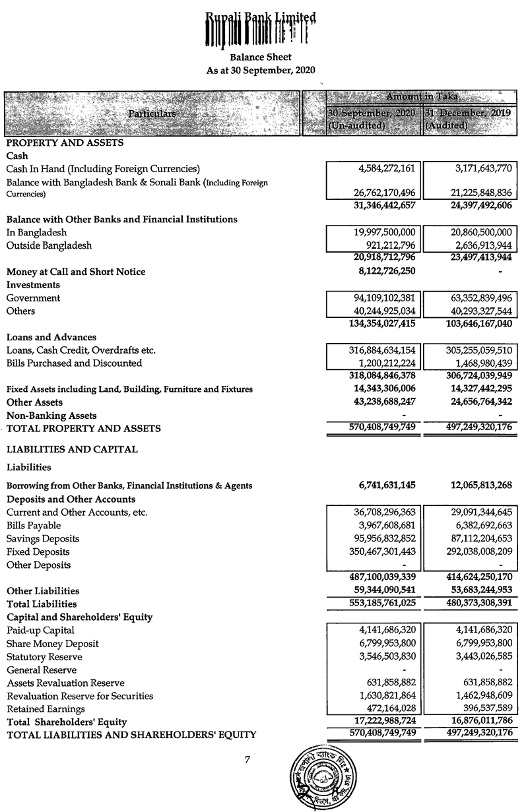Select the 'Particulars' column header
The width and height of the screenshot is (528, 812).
152,113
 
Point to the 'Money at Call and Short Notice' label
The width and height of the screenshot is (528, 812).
76,272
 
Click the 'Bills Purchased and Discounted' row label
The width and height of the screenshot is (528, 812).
74,363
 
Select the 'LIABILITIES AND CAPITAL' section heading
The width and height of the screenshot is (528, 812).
72,449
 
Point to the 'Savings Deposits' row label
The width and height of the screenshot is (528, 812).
43,538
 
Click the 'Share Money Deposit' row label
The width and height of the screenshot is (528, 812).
53,644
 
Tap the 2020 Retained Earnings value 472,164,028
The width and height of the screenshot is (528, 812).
384,709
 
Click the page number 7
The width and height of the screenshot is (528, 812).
247,759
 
